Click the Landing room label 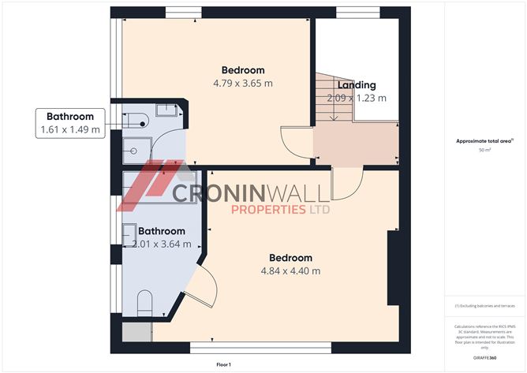[x=357, y=85]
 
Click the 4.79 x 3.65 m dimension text [x=243, y=83]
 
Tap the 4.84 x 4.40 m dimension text [x=290, y=271]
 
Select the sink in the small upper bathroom [x=166, y=111]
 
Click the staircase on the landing [x=333, y=99]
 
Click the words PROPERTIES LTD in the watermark [x=280, y=210]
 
